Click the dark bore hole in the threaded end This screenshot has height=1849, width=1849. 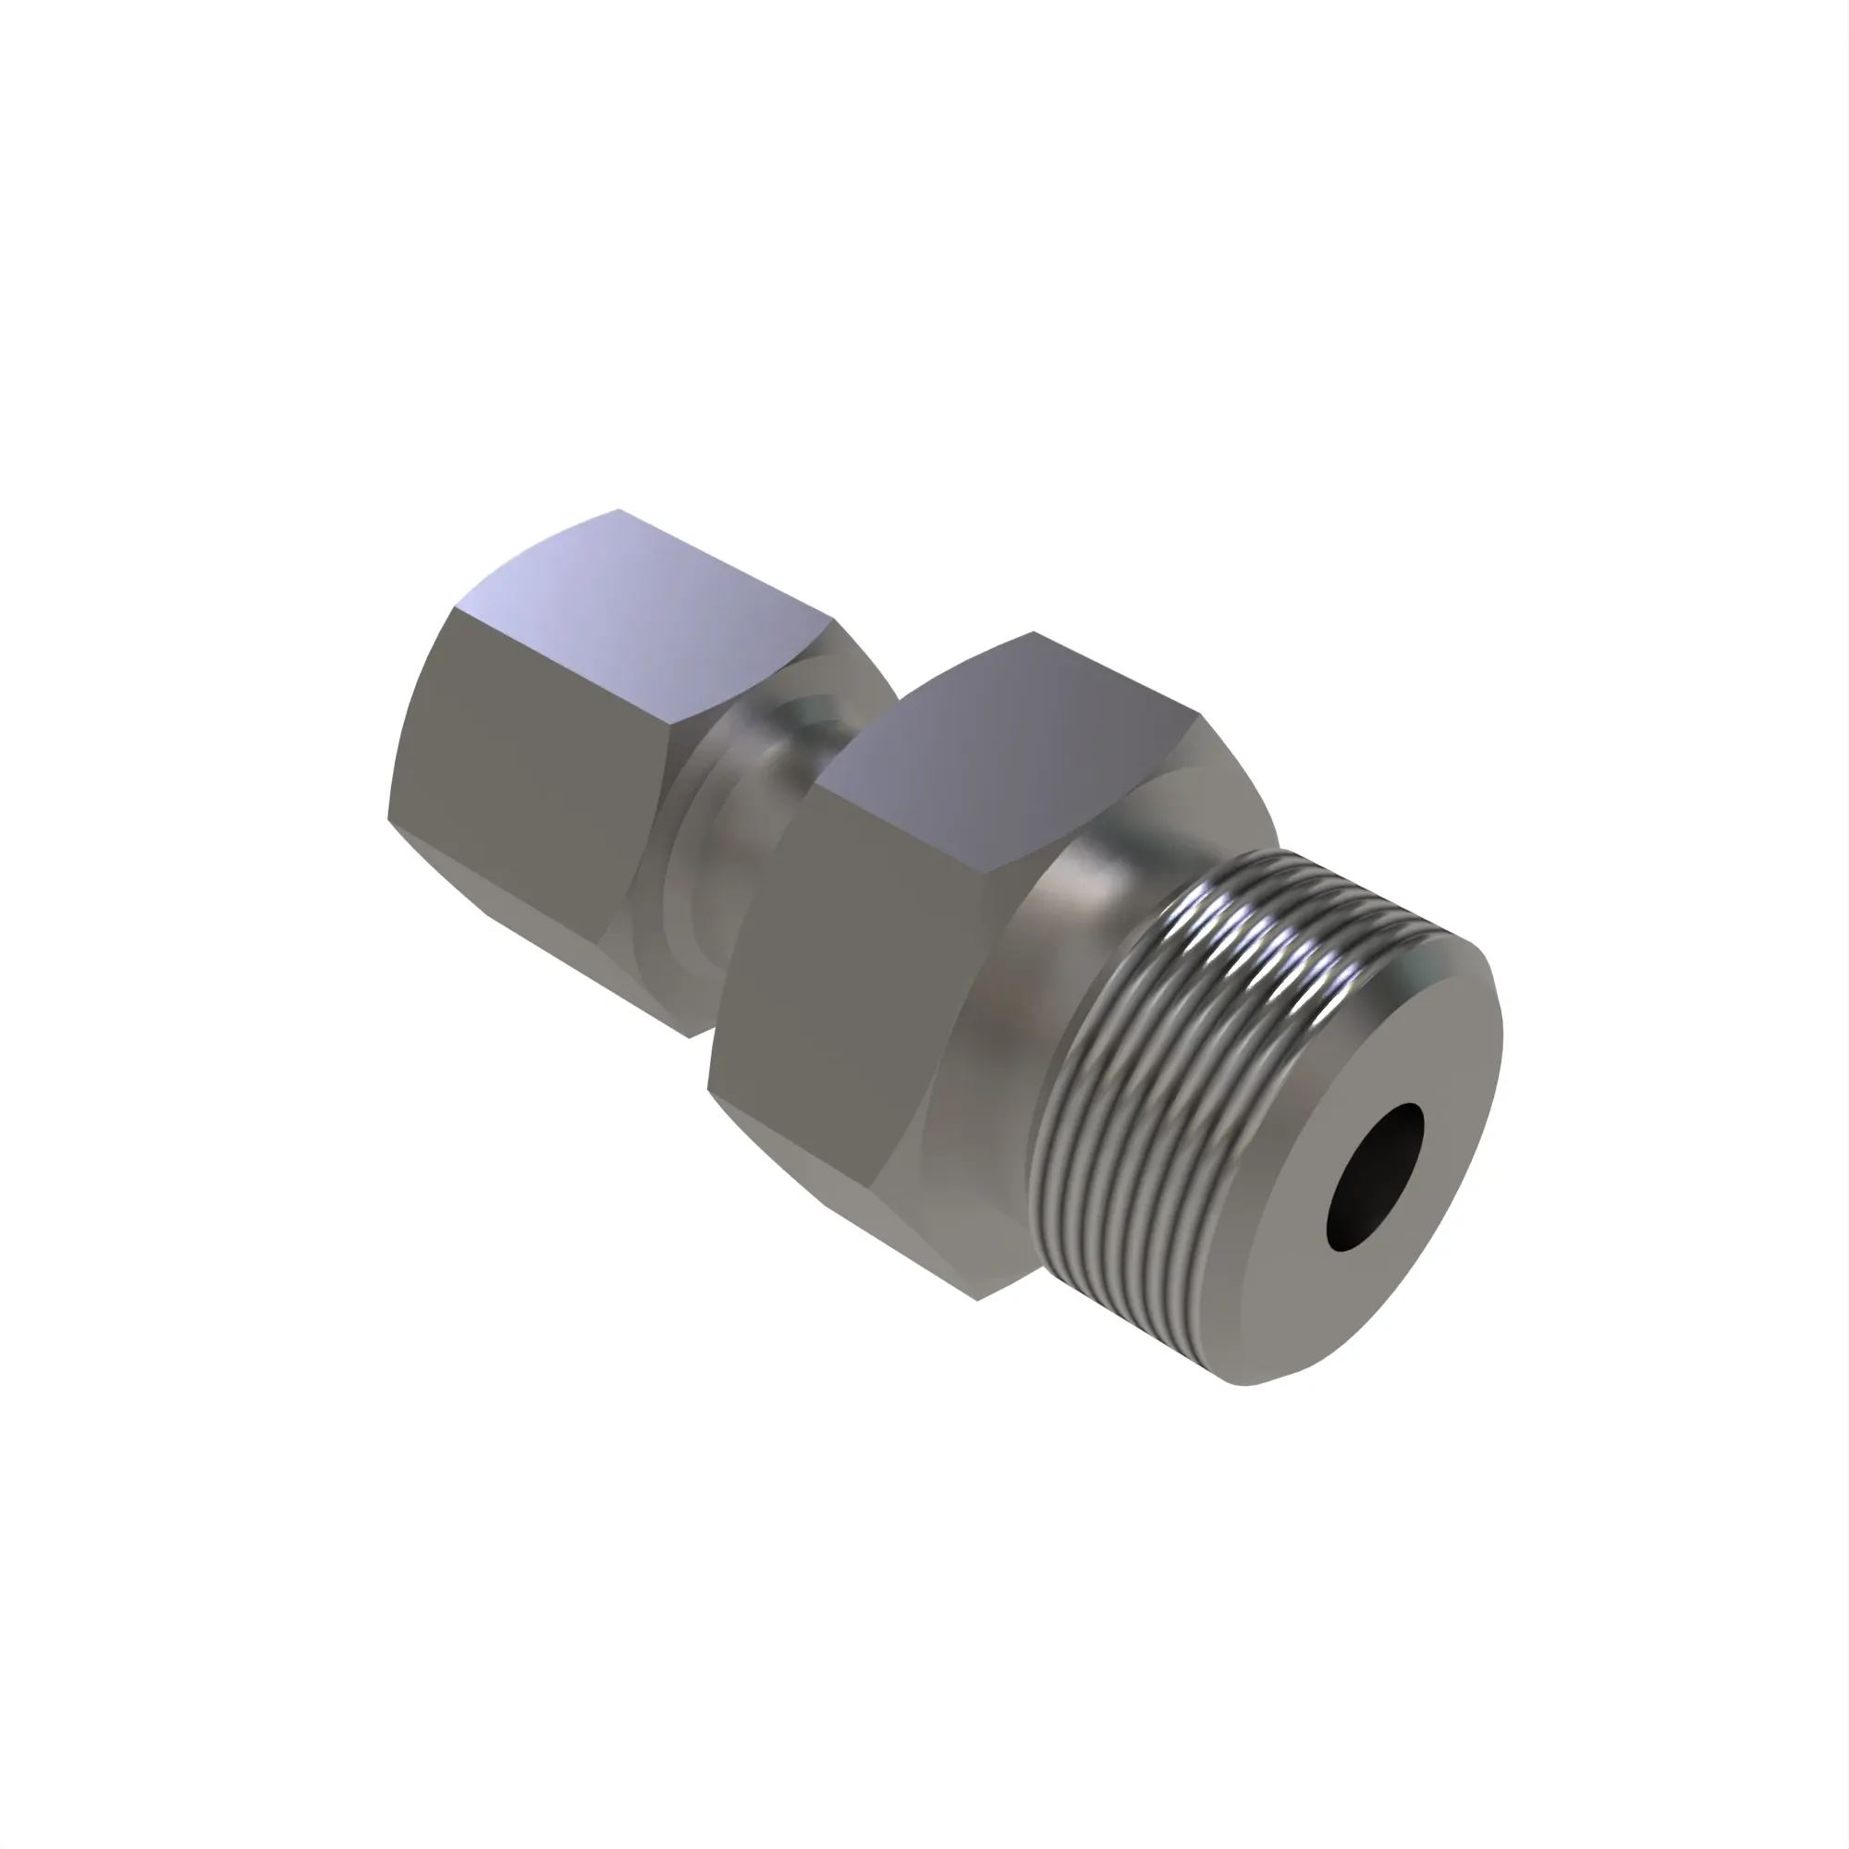pos(1375,1177)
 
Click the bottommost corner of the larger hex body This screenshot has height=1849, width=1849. pos(976,1299)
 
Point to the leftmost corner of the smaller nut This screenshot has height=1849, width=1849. pos(387,818)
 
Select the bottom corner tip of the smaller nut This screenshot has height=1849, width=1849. pos(689,1036)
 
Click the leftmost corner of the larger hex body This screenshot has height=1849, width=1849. pos(708,1088)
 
